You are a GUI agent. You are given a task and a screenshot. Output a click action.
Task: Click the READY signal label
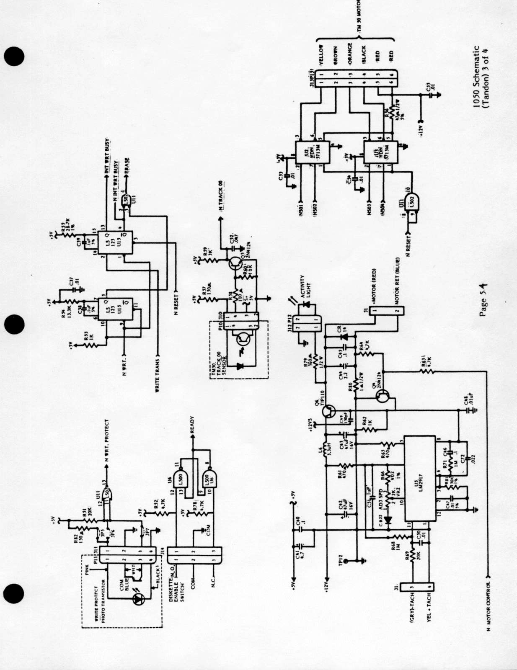click(x=192, y=425)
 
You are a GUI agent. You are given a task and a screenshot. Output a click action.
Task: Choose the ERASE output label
click(x=127, y=167)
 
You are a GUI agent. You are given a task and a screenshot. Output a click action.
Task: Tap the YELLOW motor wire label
click(x=321, y=54)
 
